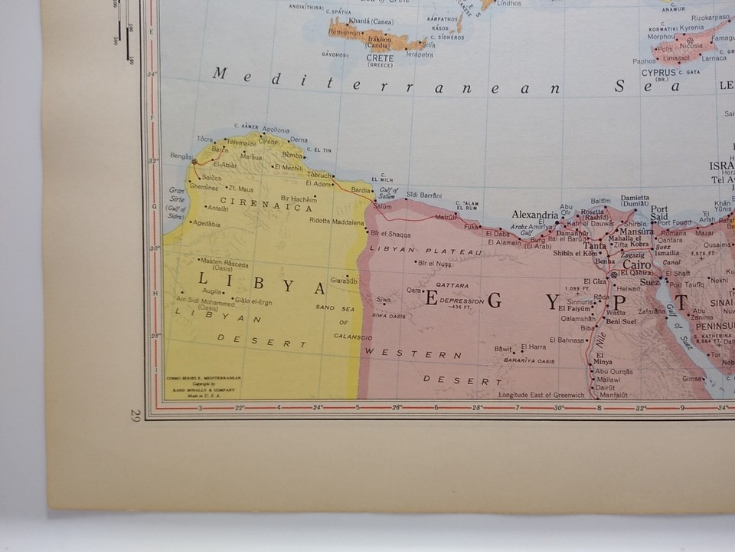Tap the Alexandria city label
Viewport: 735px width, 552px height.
pyautogui.click(x=534, y=215)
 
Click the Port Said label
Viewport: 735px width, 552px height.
pyautogui.click(x=658, y=212)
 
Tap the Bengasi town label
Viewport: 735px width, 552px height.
pyautogui.click(x=181, y=156)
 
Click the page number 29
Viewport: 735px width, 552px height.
pyautogui.click(x=136, y=416)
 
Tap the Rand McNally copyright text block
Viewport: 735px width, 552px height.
pyautogui.click(x=192, y=386)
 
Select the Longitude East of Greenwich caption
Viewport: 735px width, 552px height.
pyautogui.click(x=541, y=395)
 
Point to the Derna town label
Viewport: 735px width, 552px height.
pyautogui.click(x=298, y=140)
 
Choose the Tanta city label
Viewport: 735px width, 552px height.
pyautogui.click(x=594, y=245)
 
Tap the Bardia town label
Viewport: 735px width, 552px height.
pyautogui.click(x=360, y=189)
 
